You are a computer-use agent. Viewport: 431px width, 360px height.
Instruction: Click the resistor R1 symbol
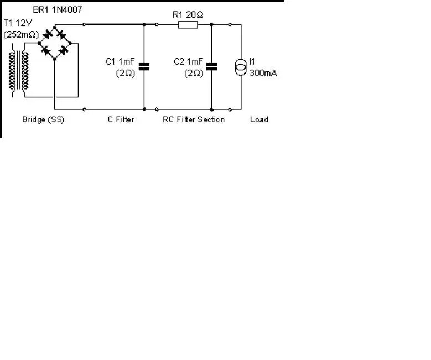pyautogui.click(x=188, y=25)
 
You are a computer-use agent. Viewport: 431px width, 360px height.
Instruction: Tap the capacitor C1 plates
pyautogui.click(x=144, y=67)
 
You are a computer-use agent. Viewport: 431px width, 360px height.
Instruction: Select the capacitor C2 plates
pyautogui.click(x=212, y=67)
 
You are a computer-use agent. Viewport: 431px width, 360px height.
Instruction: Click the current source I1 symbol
pyautogui.click(x=241, y=67)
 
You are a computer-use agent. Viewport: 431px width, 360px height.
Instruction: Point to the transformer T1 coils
pyautogui.click(x=18, y=70)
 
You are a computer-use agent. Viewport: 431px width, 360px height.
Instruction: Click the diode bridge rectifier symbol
pyautogui.click(x=55, y=43)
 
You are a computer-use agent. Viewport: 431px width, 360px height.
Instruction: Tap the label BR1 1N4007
pyautogui.click(x=58, y=10)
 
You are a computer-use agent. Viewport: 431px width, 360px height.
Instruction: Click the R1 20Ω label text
pyautogui.click(x=188, y=14)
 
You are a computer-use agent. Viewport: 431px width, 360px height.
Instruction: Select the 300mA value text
pyautogui.click(x=263, y=73)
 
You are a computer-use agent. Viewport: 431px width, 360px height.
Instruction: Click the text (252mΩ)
pyautogui.click(x=21, y=35)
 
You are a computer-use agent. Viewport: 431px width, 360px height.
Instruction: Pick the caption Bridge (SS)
pyautogui.click(x=43, y=119)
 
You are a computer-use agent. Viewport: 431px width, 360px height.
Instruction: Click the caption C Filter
pyautogui.click(x=121, y=119)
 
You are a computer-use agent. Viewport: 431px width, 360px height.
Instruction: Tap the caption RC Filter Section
pyautogui.click(x=194, y=119)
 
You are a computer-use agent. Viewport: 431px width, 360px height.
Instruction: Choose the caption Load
pyautogui.click(x=259, y=119)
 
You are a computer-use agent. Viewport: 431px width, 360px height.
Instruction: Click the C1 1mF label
pyautogui.click(x=120, y=61)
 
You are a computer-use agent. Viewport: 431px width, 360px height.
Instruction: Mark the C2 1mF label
pyautogui.click(x=188, y=61)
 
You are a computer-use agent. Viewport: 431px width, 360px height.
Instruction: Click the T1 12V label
pyautogui.click(x=18, y=23)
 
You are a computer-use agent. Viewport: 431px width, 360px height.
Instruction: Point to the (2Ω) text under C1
pyautogui.click(x=126, y=74)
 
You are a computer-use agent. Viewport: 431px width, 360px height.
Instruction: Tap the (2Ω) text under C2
pyautogui.click(x=194, y=74)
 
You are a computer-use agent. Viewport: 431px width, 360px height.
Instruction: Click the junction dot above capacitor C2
pyautogui.click(x=212, y=24)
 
